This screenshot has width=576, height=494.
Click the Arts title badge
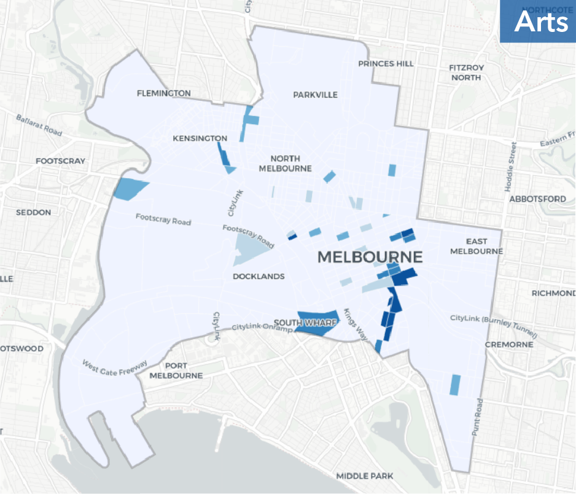click(537, 22)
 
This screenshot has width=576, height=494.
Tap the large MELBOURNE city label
click(370, 257)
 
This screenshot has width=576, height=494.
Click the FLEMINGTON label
click(164, 93)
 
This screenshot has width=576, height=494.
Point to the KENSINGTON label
click(200, 138)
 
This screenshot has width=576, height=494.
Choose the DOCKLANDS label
click(259, 276)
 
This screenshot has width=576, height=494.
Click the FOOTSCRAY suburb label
click(60, 161)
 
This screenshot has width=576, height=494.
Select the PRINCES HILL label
click(386, 64)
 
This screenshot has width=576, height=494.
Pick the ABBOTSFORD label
click(537, 198)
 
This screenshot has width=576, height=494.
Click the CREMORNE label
click(508, 344)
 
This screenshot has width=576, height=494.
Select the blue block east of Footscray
click(131, 189)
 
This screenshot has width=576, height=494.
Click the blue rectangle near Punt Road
click(455, 385)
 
